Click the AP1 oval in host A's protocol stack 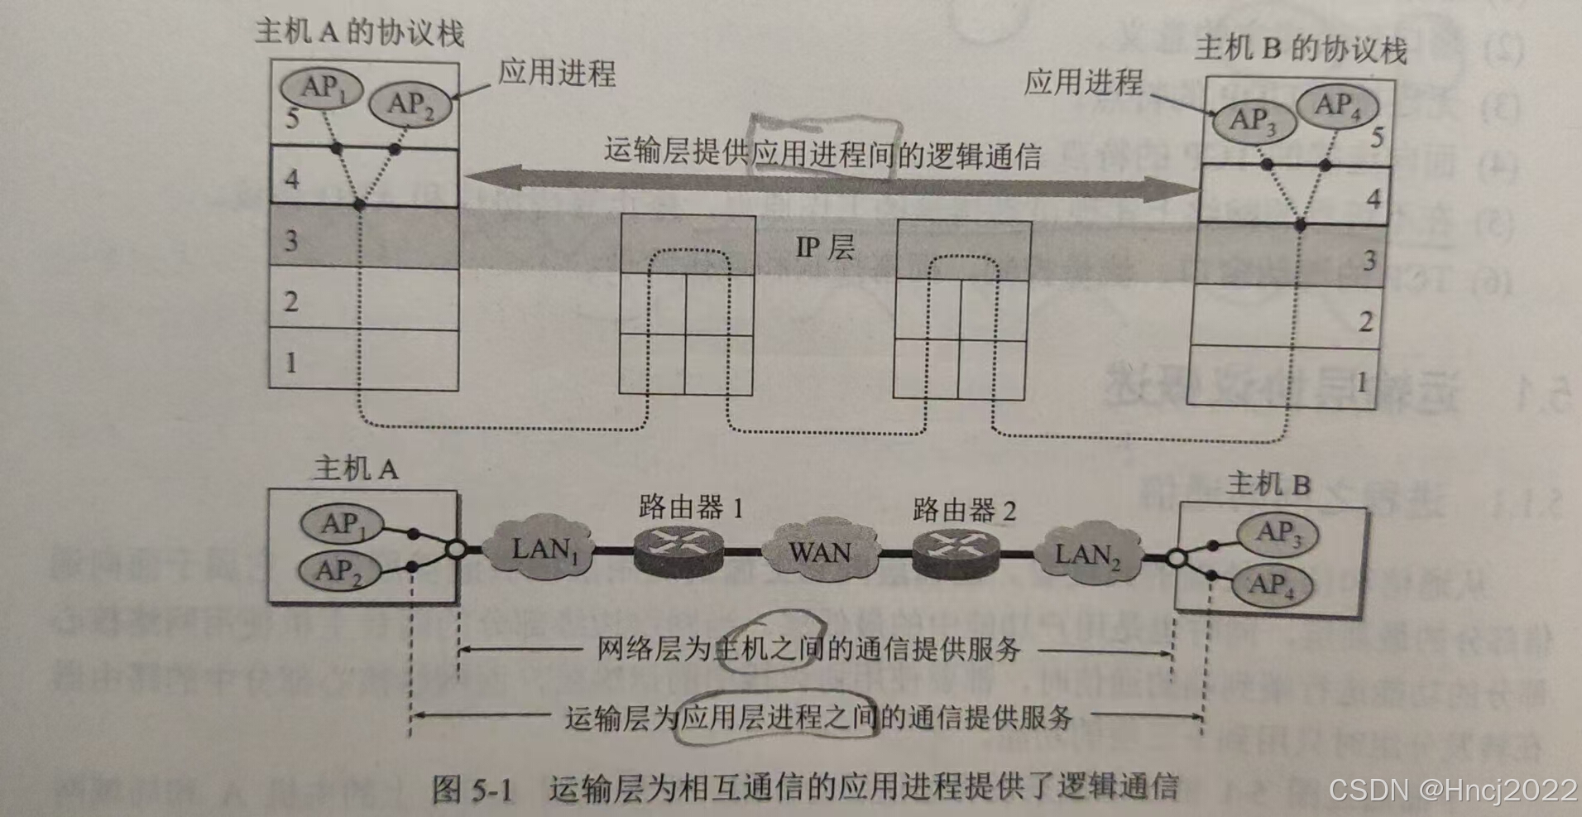click(321, 86)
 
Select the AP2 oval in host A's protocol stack click(410, 104)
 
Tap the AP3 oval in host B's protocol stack click(1253, 121)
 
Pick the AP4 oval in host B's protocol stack click(1337, 106)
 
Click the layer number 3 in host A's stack click(291, 241)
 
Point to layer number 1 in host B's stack click(1361, 382)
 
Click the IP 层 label click(824, 247)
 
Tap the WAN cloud click(819, 551)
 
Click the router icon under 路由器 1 click(678, 550)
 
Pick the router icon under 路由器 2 click(956, 553)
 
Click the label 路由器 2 click(964, 510)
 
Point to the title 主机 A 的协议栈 click(359, 33)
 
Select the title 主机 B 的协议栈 click(1301, 50)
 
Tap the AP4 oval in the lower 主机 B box click(1272, 585)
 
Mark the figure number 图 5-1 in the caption click(472, 789)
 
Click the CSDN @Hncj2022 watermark click(1452, 789)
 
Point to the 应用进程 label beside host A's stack click(556, 73)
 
